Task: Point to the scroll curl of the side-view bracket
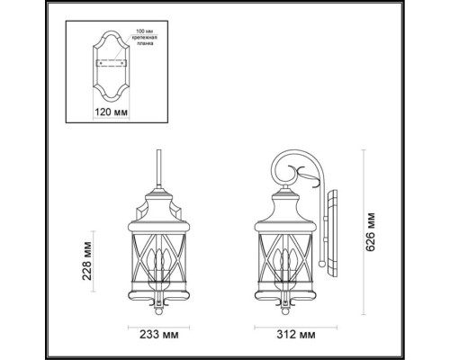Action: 286,167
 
